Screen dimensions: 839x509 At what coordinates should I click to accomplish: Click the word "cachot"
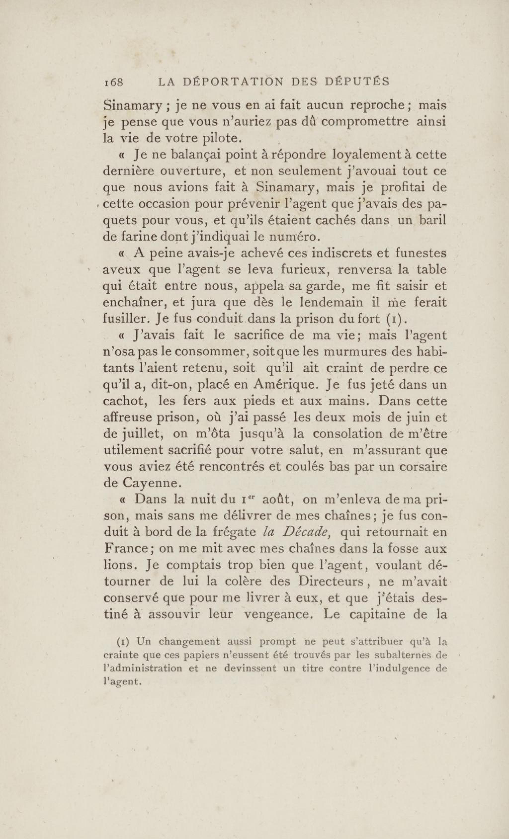click(124, 401)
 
